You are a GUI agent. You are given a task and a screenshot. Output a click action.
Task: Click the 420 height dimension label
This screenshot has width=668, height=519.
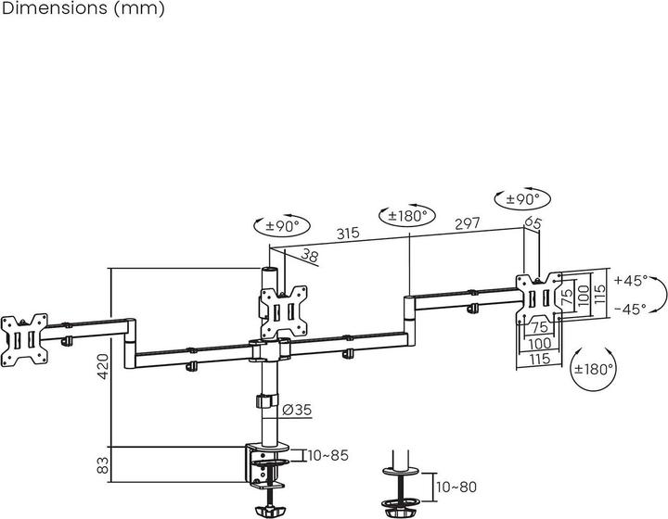pos(103,366)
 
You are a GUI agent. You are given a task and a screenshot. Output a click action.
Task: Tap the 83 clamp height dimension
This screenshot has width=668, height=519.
pos(103,465)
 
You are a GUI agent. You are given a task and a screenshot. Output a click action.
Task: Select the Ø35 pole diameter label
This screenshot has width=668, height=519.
pos(297,410)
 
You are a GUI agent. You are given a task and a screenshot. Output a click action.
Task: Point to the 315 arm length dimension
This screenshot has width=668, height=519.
pos(348,234)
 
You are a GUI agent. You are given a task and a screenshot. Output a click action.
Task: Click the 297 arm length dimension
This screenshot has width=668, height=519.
pos(467,223)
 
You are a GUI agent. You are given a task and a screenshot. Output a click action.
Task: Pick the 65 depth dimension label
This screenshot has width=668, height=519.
pos(533,222)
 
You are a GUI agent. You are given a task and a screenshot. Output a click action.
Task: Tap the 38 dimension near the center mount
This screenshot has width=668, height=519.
pos(310,255)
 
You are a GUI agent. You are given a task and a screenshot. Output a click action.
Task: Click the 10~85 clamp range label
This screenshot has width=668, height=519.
pos(328,456)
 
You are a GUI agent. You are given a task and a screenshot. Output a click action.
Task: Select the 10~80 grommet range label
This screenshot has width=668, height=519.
pos(456,487)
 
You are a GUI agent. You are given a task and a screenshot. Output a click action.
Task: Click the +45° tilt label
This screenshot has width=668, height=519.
pos(631,281)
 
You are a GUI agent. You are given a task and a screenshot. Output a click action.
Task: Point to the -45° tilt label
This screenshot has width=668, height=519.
pos(631,309)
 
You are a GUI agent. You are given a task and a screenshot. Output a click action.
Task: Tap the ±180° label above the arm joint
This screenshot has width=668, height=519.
pos(407,216)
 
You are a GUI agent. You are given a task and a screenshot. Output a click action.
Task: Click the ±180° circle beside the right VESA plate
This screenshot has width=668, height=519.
pos(593,369)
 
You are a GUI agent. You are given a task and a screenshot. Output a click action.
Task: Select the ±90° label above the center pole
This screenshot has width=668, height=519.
pos(282,225)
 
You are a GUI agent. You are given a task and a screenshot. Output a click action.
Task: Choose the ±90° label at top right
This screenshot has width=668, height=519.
pos(522,198)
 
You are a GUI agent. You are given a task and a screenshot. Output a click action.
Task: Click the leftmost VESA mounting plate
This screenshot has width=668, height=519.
pos(24,340)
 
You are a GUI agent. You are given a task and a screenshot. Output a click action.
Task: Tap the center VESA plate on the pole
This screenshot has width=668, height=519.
pos(284,312)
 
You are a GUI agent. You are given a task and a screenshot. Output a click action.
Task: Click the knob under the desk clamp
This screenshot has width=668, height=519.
pos(267,510)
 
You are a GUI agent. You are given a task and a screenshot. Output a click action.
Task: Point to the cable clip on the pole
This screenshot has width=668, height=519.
pos(266,401)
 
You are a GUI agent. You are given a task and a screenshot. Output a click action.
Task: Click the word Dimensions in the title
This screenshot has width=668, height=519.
pos(56,8)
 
